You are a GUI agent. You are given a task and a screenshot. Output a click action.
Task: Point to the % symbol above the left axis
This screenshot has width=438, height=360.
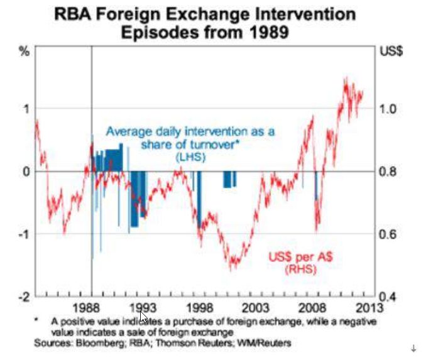(25, 50)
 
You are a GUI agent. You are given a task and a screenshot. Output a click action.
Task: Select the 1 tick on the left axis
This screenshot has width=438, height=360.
(26, 108)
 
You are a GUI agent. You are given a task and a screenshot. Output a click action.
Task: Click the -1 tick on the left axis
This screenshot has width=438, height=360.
(24, 234)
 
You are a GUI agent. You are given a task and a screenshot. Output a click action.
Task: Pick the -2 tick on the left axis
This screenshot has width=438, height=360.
(24, 296)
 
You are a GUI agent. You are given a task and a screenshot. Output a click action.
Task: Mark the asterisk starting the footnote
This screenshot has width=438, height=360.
(38, 319)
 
